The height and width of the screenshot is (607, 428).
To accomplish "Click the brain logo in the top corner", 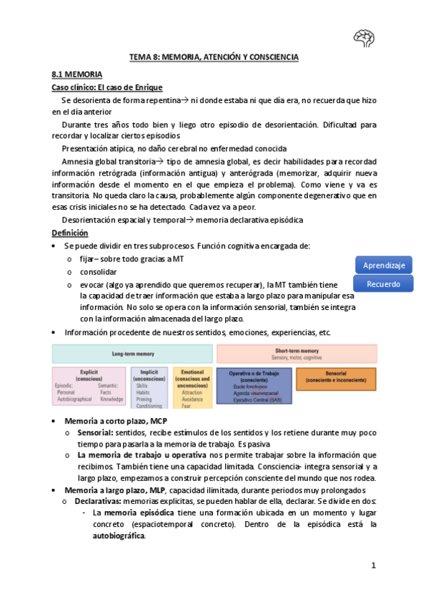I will pyautogui.click(x=364, y=38).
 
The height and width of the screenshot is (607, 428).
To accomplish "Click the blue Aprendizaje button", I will pyautogui.click(x=384, y=265).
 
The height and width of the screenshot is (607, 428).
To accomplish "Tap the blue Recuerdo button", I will pyautogui.click(x=384, y=284).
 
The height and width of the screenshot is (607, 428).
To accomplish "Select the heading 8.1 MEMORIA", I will pyautogui.click(x=77, y=74).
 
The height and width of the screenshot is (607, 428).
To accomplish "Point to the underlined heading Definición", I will pyautogui.click(x=70, y=233).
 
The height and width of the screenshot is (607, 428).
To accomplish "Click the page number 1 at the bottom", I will pyautogui.click(x=373, y=566).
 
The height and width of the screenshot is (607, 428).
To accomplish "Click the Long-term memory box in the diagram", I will pyautogui.click(x=132, y=354).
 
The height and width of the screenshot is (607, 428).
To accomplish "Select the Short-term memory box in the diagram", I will pyautogui.click(x=297, y=354).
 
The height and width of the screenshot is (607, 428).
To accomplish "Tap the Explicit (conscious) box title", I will pyautogui.click(x=89, y=374).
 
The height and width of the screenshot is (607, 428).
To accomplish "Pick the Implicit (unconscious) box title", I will pyautogui.click(x=149, y=374).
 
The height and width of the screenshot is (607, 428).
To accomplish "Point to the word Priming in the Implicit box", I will pyautogui.click(x=145, y=399).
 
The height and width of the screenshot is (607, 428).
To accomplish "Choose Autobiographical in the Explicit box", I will pyautogui.click(x=75, y=399).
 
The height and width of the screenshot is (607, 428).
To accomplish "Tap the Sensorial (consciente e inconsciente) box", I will pyautogui.click(x=335, y=377).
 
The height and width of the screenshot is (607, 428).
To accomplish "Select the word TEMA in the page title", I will pyautogui.click(x=140, y=57).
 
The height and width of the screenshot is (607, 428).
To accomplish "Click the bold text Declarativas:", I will pyautogui.click(x=98, y=502).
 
